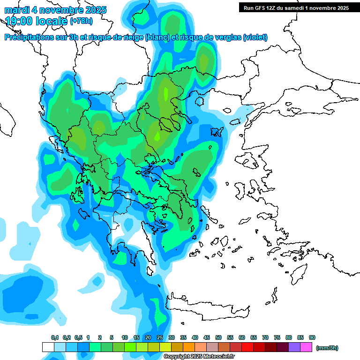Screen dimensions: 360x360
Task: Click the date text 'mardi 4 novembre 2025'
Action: click(55, 10)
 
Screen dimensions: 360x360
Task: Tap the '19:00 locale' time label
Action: click(37, 21)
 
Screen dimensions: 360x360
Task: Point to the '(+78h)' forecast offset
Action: click(81, 21)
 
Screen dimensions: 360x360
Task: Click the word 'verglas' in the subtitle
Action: click(225, 37)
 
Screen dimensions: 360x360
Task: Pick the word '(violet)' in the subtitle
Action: click(255, 37)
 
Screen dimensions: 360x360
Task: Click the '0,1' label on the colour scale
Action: click(54, 338)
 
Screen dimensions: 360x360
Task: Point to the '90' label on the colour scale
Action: click(312, 338)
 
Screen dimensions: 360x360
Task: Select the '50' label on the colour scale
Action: click(218, 338)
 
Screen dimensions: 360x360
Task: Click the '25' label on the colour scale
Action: click(160, 338)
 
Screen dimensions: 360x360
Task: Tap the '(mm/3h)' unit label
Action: click(327, 348)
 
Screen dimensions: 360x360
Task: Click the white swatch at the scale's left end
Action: click(48, 347)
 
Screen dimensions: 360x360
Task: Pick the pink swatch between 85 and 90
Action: click(306, 347)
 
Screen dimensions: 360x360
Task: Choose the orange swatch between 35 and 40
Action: click(189, 347)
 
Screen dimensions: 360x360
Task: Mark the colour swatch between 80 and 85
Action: click(294, 347)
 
